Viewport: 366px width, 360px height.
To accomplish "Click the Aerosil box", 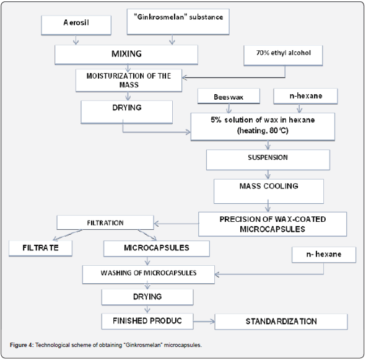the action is (76, 25).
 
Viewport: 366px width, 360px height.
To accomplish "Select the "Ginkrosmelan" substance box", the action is (178, 22).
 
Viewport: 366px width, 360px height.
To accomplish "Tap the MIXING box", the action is (126, 55).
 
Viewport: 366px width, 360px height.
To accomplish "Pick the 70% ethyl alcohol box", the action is (283, 56).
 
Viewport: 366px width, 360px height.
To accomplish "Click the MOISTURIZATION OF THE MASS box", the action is (129, 81).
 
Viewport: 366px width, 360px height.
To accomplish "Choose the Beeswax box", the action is (229, 96).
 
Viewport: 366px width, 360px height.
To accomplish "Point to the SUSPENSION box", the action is (268, 160).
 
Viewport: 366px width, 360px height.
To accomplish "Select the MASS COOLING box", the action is (269, 191).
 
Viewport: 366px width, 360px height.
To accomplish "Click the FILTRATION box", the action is (105, 222).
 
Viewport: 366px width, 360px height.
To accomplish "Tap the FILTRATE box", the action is (40, 248).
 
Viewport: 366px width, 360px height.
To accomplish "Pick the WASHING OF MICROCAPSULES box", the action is (149, 274).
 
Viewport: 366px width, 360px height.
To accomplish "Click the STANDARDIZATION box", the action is (281, 322).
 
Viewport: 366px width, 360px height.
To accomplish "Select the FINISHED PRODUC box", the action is (147, 321).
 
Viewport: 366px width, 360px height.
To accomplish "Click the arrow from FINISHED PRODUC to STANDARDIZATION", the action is (204, 322).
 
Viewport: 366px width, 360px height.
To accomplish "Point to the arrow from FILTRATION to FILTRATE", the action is (68, 235).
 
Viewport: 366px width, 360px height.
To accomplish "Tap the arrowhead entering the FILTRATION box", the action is (157, 224).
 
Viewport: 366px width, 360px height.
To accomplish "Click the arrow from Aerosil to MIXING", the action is (76, 40).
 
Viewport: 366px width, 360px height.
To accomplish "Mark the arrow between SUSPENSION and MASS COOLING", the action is (268, 175).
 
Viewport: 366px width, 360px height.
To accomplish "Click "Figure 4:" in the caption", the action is (22, 345).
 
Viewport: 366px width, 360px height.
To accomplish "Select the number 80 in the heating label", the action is (273, 130).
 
